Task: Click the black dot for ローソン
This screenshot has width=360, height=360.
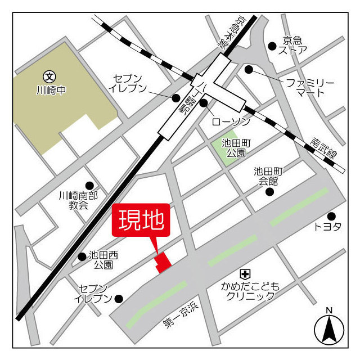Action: (204, 102)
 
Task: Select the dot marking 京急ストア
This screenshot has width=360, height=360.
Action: (272, 46)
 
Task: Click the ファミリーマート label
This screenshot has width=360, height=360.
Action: (309, 87)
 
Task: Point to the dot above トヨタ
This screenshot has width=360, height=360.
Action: (331, 216)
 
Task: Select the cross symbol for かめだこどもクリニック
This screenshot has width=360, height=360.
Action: (245, 274)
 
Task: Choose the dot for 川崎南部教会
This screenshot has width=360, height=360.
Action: (89, 186)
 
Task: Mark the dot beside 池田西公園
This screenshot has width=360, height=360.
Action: (82, 256)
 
